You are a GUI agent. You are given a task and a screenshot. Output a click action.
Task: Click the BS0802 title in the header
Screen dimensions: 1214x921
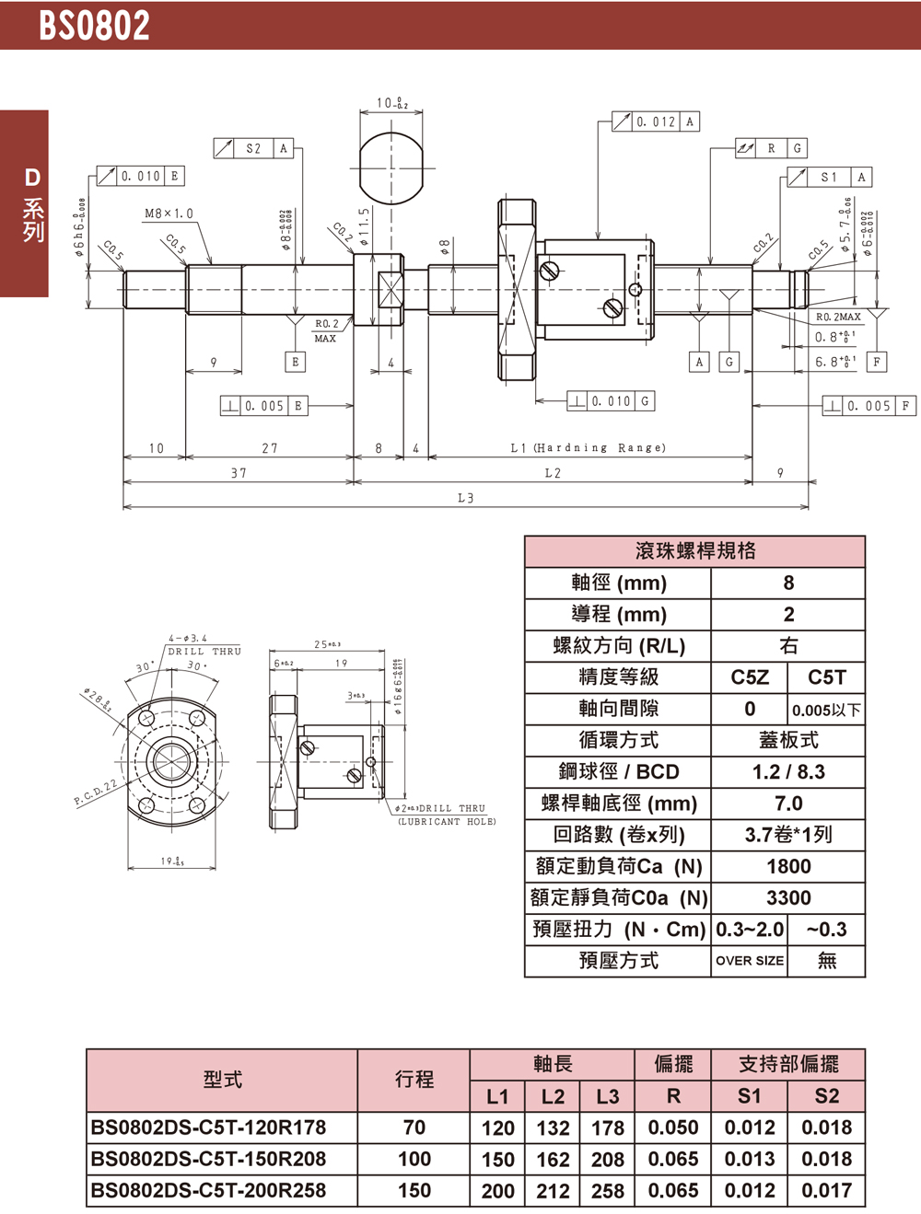(x=94, y=25)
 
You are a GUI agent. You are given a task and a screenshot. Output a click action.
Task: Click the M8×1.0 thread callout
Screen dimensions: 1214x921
(x=169, y=214)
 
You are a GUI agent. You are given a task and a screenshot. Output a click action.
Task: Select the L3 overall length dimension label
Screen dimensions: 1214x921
(x=465, y=498)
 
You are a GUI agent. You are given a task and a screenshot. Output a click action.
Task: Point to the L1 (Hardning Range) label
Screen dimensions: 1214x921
(x=588, y=448)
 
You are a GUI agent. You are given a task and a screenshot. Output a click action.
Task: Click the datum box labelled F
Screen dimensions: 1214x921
(x=877, y=362)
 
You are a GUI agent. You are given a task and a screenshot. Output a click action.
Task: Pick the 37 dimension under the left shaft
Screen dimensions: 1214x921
(x=239, y=473)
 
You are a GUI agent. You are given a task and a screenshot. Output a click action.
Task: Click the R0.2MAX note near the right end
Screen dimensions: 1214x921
(x=838, y=317)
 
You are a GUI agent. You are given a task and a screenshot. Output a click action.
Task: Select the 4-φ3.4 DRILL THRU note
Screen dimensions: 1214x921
(x=204, y=644)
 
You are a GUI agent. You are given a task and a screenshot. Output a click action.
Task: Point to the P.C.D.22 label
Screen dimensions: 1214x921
(x=96, y=792)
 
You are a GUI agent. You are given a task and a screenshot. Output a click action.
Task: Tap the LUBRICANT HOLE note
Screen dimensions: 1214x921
(x=447, y=822)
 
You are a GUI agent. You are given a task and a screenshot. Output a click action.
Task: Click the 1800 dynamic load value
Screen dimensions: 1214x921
(x=788, y=866)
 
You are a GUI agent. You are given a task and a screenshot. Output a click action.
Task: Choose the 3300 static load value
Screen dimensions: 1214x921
(x=788, y=897)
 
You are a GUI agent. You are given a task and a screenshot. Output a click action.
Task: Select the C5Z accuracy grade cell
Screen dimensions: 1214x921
(x=750, y=677)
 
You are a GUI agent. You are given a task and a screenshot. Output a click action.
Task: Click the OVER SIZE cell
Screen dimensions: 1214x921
(x=750, y=961)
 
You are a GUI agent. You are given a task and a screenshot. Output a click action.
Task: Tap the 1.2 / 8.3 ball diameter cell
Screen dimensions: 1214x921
(x=788, y=772)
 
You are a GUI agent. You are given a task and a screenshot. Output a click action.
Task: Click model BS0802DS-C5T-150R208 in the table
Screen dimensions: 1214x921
(x=209, y=1159)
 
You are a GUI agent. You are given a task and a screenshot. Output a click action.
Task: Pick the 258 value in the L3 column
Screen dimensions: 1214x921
(x=608, y=1191)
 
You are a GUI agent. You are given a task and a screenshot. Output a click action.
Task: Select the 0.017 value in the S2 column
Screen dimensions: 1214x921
(x=826, y=1190)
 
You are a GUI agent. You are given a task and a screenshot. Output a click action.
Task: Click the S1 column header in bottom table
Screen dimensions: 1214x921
(x=750, y=1095)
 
